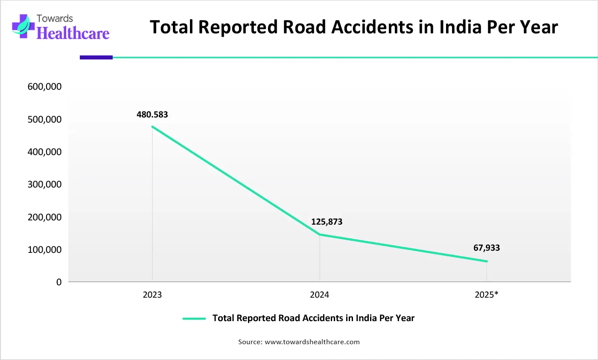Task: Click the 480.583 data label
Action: (x=152, y=114)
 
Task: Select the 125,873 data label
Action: (x=327, y=222)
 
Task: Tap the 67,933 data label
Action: (x=486, y=248)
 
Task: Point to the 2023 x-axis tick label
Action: (x=152, y=295)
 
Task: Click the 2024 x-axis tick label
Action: (x=319, y=295)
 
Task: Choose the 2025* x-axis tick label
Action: (x=486, y=295)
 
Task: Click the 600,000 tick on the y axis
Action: (x=44, y=87)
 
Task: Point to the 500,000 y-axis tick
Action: (x=44, y=119)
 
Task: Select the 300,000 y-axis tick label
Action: (x=44, y=184)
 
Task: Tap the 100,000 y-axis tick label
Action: (x=44, y=249)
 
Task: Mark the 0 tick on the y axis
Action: (x=59, y=282)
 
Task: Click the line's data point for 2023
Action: (x=152, y=126)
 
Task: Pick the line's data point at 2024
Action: (x=319, y=234)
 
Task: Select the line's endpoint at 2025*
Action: (x=487, y=261)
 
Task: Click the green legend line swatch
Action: (x=194, y=319)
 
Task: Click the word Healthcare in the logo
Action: (x=73, y=33)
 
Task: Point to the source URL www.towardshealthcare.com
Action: (x=312, y=342)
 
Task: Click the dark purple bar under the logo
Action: (x=96, y=57)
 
